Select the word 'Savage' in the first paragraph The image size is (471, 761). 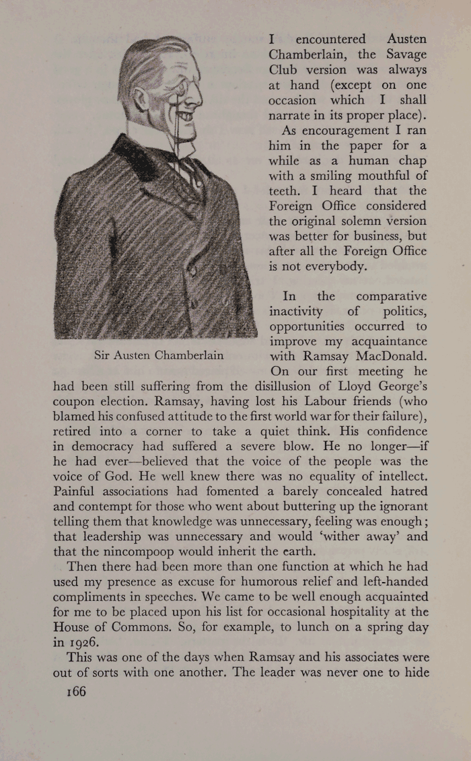pos(400,55)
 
